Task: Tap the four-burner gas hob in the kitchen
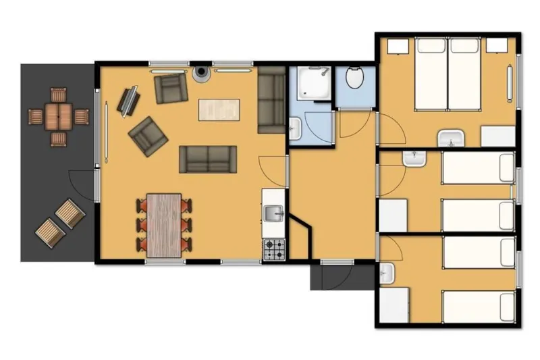[274, 250]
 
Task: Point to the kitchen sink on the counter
[273, 215]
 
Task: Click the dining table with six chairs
[164, 225]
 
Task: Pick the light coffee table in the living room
[219, 109]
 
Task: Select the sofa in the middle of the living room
[207, 159]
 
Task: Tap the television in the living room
[128, 101]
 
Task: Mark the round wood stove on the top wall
[201, 73]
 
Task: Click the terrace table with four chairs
[59, 116]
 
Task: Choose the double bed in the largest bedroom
[447, 74]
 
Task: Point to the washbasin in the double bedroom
[449, 140]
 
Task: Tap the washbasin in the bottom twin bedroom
[386, 273]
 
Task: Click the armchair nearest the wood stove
[170, 88]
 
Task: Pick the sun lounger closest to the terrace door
[70, 213]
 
